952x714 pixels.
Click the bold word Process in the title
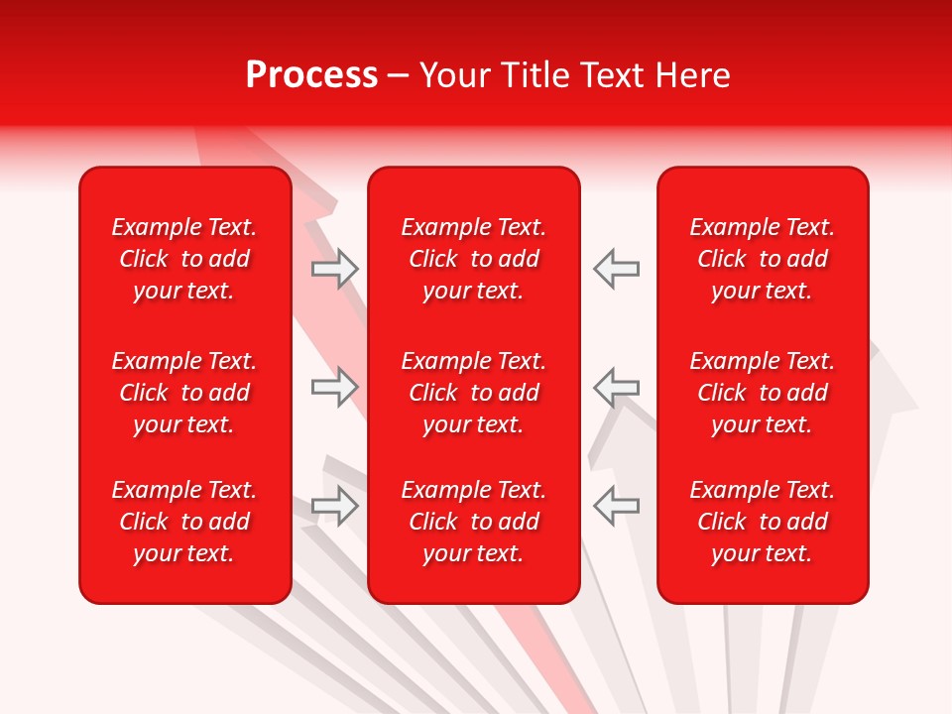tap(311, 75)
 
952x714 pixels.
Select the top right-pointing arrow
tap(334, 269)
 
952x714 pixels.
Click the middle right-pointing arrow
tap(334, 387)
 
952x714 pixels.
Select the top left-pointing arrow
tap(617, 269)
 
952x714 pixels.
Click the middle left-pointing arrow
tap(617, 387)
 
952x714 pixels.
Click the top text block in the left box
tap(184, 259)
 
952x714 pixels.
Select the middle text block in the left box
tap(184, 393)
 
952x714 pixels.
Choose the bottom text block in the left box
tap(184, 522)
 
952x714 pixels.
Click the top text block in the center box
tap(473, 259)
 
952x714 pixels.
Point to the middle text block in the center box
tap(473, 393)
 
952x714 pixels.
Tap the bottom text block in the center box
tap(473, 522)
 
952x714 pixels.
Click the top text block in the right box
tap(762, 259)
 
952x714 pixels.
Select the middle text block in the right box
tap(762, 393)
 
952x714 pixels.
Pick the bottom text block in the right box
tap(762, 522)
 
